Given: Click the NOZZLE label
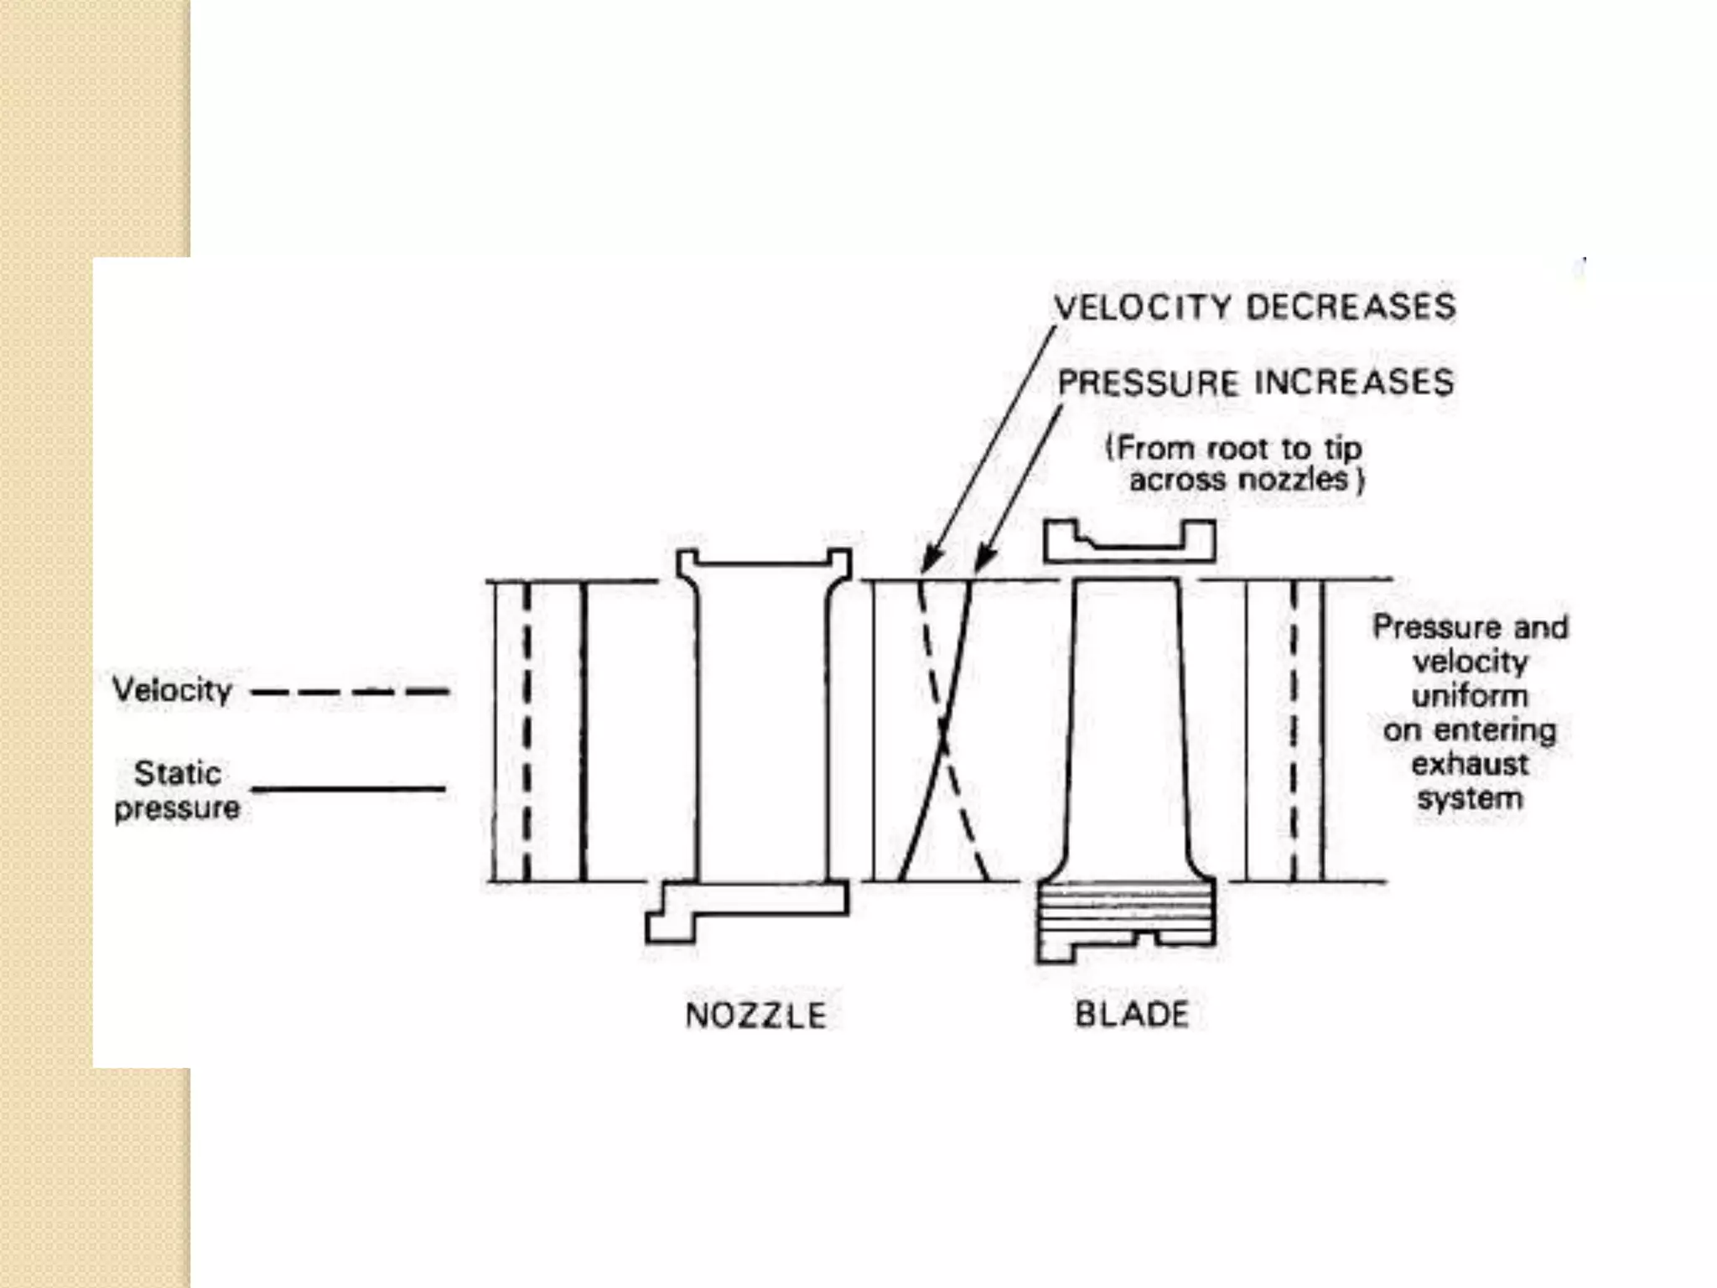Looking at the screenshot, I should point(755,1015).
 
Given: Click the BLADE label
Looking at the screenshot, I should point(1131,1015).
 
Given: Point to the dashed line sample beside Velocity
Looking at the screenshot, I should point(350,693).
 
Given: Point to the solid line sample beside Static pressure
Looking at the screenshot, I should point(349,789).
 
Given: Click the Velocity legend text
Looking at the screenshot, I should point(172,690).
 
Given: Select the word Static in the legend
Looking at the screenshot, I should point(178,773).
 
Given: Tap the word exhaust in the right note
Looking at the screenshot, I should point(1470,764).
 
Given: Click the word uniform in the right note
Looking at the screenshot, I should point(1470,696).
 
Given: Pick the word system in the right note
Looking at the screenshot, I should point(1470,797).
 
